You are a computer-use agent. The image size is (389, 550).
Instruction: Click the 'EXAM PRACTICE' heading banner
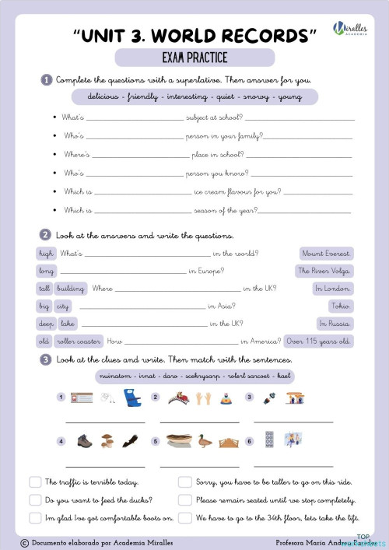click(x=194, y=58)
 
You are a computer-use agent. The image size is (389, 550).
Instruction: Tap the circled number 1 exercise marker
click(x=46, y=80)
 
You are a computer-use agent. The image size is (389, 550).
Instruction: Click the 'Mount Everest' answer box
click(x=327, y=254)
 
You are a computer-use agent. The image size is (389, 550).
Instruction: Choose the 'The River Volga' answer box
click(x=324, y=271)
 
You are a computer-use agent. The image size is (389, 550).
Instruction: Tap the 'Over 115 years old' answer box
click(x=319, y=341)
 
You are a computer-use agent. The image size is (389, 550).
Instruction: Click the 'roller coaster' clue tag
click(x=79, y=341)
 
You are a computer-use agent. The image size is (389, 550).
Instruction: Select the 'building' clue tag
click(x=71, y=289)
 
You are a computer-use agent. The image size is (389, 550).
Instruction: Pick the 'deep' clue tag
click(x=46, y=324)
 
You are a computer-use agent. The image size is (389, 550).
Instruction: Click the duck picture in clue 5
click(x=205, y=441)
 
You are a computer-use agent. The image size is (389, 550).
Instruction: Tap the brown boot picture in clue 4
click(x=84, y=441)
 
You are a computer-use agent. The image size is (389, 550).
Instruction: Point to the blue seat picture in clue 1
click(x=130, y=398)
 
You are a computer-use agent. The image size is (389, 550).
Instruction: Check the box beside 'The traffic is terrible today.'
click(x=34, y=482)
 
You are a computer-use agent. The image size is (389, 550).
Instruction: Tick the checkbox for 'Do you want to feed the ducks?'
click(x=34, y=500)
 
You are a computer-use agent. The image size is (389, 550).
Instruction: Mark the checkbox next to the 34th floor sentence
click(x=185, y=518)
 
